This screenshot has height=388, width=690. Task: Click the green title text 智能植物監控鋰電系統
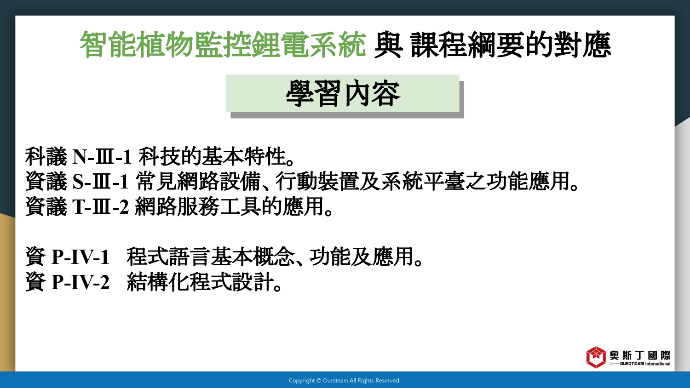point(223,45)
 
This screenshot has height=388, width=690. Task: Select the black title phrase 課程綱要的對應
point(511,45)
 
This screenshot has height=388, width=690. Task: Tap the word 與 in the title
point(388,45)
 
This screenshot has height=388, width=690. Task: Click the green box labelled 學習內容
point(343,93)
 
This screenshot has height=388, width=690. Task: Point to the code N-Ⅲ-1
point(102,157)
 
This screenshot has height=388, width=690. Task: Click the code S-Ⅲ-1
point(101,182)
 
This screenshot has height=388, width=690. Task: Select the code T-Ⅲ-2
point(101,206)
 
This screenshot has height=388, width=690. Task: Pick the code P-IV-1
point(80,257)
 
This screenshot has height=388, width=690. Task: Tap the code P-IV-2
point(80,282)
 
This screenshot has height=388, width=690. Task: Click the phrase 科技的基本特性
point(212,157)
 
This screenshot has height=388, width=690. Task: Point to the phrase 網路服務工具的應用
point(230,206)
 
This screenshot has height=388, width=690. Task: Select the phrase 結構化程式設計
point(200,282)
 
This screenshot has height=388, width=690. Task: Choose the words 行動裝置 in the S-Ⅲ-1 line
point(317,182)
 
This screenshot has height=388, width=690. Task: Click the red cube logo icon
point(596,357)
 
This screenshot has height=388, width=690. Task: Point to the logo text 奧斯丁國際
point(640,355)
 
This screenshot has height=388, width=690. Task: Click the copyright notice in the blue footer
point(345,381)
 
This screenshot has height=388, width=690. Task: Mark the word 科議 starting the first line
point(46,157)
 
